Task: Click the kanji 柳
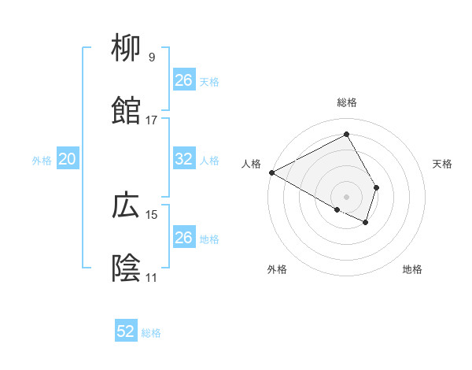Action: (x=127, y=50)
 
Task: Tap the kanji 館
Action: (x=127, y=112)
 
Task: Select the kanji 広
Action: (x=127, y=206)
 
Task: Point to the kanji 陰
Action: (x=127, y=268)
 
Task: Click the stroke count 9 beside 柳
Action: (x=151, y=57)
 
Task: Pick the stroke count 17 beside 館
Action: (x=151, y=120)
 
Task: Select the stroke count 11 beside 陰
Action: (x=151, y=277)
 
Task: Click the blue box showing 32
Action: (x=184, y=159)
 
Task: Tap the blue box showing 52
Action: (x=126, y=331)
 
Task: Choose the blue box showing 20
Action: (x=67, y=159)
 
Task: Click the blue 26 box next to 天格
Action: (x=184, y=80)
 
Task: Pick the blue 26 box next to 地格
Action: (x=184, y=238)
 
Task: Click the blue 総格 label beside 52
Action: (x=151, y=333)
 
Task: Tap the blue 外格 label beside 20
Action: (x=42, y=161)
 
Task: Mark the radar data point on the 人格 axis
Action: (x=271, y=172)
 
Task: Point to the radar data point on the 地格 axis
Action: (x=366, y=223)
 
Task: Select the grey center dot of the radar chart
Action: (x=347, y=196)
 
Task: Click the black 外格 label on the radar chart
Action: (x=277, y=269)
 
